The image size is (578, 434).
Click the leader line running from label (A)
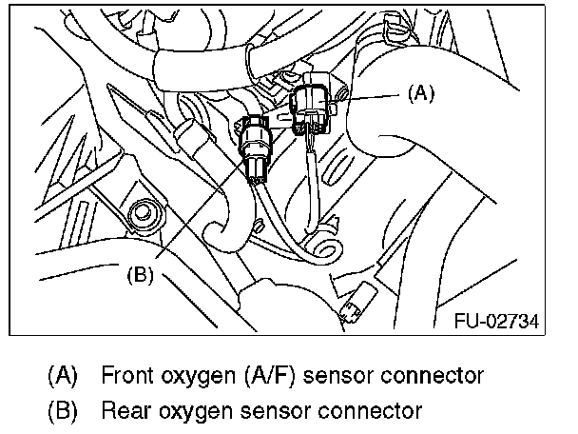point(376,94)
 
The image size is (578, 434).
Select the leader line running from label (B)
point(200,213)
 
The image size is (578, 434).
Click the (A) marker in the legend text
point(61,375)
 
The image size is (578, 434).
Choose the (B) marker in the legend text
point(61,411)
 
